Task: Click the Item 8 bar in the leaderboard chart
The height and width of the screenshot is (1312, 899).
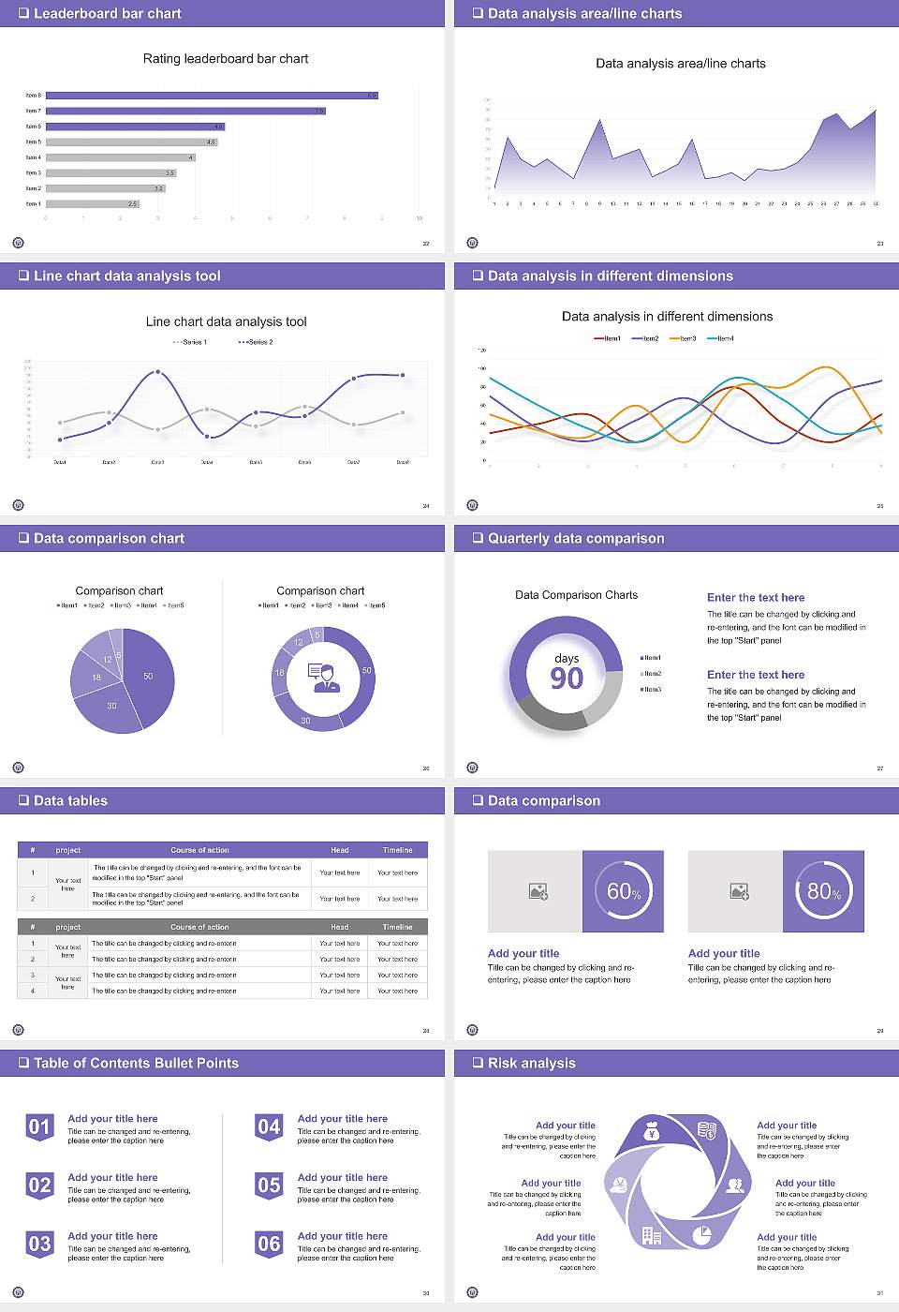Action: pos(212,96)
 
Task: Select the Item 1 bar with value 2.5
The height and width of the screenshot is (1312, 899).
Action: pos(92,203)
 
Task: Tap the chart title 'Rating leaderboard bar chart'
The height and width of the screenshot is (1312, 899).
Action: pos(226,59)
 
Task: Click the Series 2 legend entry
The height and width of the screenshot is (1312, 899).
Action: pos(256,342)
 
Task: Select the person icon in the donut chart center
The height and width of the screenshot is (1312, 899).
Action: pos(323,678)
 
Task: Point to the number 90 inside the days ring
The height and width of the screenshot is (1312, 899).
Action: pos(567,678)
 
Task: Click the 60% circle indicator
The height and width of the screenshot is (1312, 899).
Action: pos(624,891)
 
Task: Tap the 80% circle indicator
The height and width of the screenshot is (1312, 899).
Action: pos(824,891)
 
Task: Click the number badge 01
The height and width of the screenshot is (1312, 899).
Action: pos(39,1126)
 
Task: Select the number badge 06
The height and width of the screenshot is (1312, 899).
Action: pos(269,1244)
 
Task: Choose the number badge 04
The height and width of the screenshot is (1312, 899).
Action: pos(269,1126)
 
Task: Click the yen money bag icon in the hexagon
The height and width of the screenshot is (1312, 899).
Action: pos(653,1133)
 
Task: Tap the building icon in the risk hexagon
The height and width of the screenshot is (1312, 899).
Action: pos(651,1235)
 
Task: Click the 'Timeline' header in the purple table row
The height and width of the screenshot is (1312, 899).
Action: pos(397,850)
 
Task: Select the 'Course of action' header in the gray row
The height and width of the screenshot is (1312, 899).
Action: pos(199,927)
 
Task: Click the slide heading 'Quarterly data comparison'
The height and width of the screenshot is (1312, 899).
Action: pos(576,539)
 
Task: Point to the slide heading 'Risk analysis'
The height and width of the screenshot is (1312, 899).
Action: pos(531,1064)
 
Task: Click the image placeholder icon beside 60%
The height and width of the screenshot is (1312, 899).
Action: pos(538,891)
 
